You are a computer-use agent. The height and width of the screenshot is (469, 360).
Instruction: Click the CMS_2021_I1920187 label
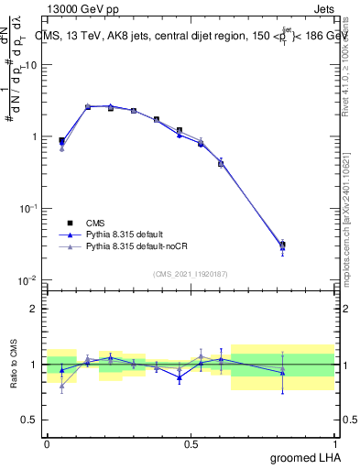tap(191, 273)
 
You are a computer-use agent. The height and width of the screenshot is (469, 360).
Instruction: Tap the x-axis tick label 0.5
tap(191, 444)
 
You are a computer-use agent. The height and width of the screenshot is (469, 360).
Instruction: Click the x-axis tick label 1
tap(336, 444)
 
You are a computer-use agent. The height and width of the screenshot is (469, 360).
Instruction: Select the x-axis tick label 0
tap(47, 444)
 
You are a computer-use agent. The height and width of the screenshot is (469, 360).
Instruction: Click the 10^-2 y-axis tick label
tap(29, 280)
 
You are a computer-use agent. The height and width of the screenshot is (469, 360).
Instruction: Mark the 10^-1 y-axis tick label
tap(29, 209)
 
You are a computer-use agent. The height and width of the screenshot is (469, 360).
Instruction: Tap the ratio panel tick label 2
tap(35, 309)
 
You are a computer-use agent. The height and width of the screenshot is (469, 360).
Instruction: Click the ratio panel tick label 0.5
tap(29, 420)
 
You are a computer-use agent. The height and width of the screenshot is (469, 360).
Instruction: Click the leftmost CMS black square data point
tap(61, 141)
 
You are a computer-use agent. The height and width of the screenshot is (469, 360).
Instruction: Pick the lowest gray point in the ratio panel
tap(61, 386)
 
